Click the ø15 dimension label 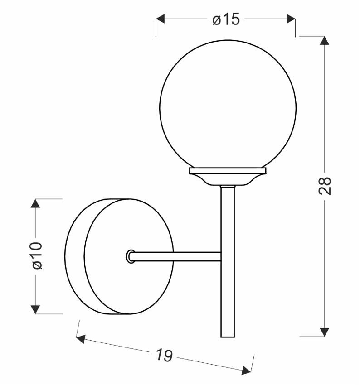pyautogui.click(x=226, y=20)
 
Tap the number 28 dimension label pyautogui.click(x=325, y=185)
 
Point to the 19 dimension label pyautogui.click(x=165, y=356)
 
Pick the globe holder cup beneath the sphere pyautogui.click(x=227, y=175)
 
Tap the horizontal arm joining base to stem pyautogui.click(x=177, y=256)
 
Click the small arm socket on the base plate pyautogui.click(x=130, y=256)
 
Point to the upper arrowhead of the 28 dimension pyautogui.click(x=325, y=41)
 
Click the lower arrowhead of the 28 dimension pyautogui.click(x=325, y=332)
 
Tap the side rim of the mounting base pyautogui.click(x=75, y=256)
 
